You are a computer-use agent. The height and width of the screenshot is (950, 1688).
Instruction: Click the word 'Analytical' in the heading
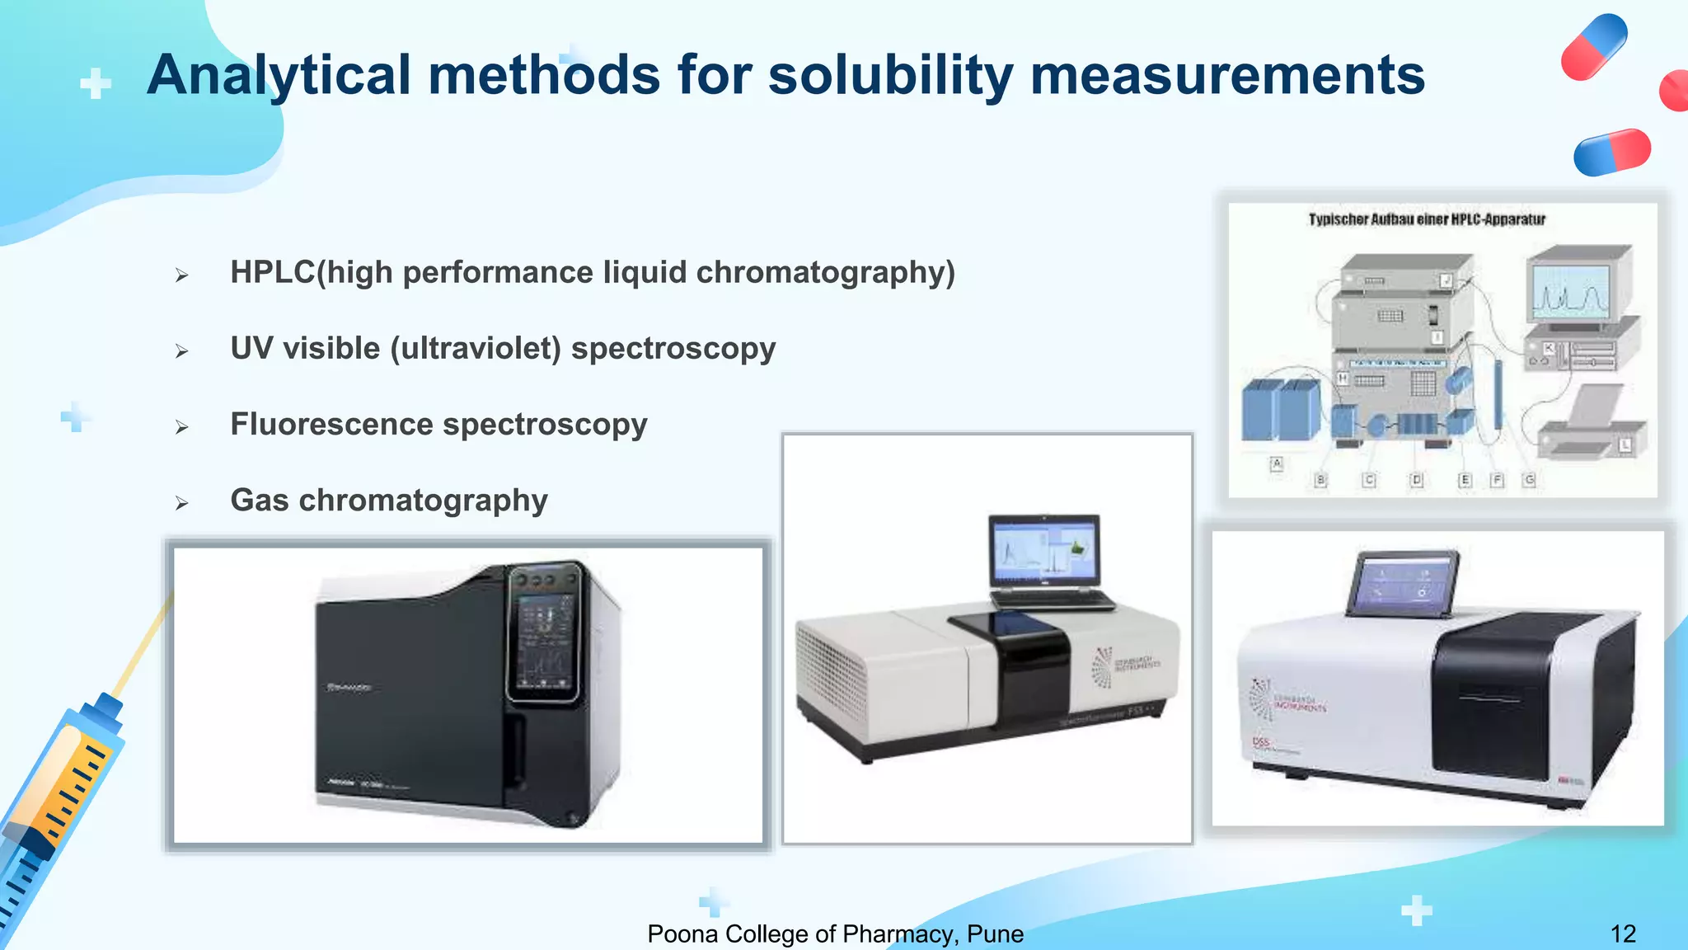(279, 76)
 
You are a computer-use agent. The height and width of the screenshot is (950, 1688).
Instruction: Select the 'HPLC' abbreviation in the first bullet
(273, 272)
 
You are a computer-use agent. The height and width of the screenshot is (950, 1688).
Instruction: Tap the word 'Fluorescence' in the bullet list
(331, 425)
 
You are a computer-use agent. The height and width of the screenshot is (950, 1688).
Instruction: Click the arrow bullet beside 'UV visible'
(182, 351)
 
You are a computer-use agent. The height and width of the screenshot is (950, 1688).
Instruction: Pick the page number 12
(1623, 934)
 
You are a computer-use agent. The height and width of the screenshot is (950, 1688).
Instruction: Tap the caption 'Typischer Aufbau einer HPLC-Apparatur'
(1427, 219)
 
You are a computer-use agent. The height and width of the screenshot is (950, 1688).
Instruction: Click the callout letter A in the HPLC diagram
(1277, 463)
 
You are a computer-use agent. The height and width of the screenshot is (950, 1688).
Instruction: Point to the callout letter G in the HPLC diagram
(1529, 479)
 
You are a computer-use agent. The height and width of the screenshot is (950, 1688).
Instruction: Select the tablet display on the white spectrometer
(1401, 584)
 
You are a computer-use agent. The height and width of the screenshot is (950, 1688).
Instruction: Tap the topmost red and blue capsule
(1594, 47)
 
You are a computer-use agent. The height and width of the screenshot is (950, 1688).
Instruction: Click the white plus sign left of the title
(96, 83)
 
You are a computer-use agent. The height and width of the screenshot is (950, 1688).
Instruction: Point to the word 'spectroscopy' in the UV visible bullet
(673, 349)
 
